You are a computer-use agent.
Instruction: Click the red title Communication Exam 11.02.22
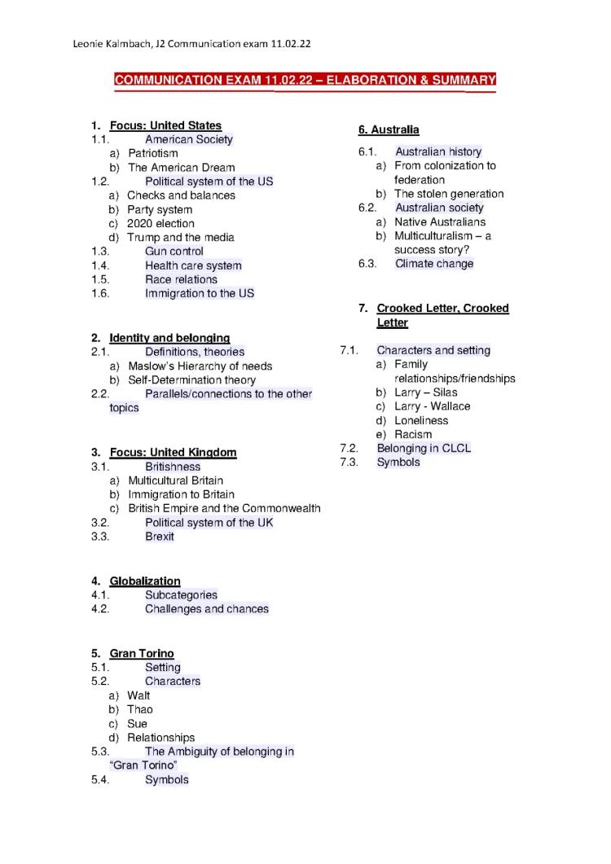(305, 80)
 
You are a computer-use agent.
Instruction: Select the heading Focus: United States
(165, 125)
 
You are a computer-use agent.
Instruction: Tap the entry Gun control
(174, 252)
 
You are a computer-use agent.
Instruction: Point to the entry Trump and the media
(180, 238)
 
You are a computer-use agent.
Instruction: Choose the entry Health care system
(193, 265)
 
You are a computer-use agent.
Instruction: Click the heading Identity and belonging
(169, 338)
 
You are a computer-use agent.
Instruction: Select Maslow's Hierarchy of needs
(200, 366)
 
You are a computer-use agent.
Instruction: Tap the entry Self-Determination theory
(191, 380)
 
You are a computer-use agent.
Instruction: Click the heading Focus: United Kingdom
(173, 453)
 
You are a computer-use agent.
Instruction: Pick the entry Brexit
(160, 537)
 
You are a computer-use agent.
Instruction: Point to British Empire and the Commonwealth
(224, 509)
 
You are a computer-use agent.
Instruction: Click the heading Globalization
(145, 581)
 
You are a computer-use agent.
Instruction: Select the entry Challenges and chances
(206, 609)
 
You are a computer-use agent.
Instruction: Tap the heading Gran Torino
(142, 654)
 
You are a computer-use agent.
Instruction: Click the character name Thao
(139, 709)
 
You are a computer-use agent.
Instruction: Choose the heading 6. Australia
(389, 129)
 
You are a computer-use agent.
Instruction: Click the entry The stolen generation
(449, 194)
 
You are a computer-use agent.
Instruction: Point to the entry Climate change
(433, 264)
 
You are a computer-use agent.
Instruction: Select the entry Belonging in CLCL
(424, 449)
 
